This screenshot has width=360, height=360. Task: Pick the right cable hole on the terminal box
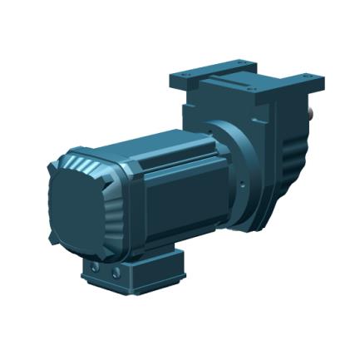click(x=116, y=272)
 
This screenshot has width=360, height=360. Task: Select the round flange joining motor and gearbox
click(x=242, y=165)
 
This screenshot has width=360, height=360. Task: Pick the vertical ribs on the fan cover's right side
click(x=116, y=204)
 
